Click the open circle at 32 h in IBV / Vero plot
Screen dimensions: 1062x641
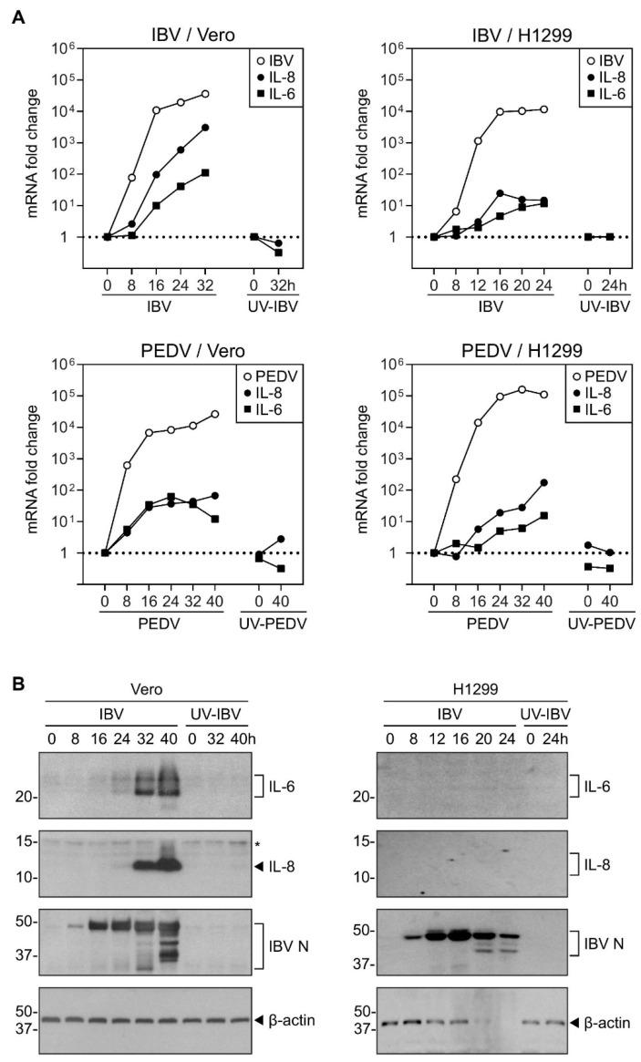coord(205,94)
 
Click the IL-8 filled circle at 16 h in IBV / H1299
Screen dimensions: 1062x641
coord(525,193)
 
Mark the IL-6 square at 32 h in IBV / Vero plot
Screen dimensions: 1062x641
coord(205,172)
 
